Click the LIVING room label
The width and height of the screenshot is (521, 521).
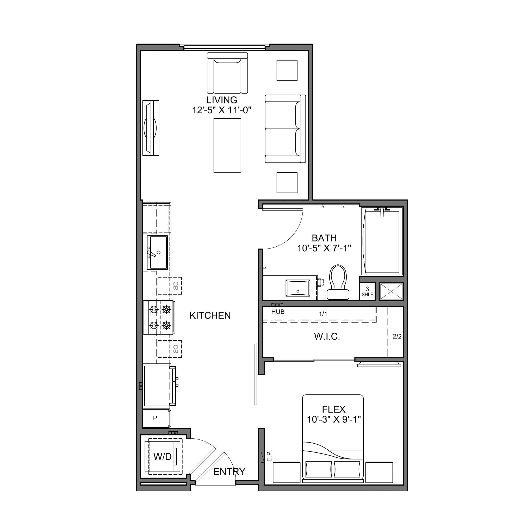pyautogui.click(x=222, y=100)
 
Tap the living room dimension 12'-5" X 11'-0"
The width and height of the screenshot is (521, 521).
pyautogui.click(x=222, y=110)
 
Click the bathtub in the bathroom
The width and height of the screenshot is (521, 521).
pyautogui.click(x=382, y=241)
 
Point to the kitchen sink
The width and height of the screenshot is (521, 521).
pyautogui.click(x=157, y=252)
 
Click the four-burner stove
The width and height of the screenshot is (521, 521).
pyautogui.click(x=159, y=317)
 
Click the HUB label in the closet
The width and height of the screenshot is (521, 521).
pyautogui.click(x=278, y=312)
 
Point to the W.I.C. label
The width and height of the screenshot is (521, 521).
pyautogui.click(x=327, y=337)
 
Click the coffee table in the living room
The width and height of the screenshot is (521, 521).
pyautogui.click(x=227, y=145)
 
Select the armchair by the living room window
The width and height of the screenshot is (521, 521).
pyautogui.click(x=227, y=73)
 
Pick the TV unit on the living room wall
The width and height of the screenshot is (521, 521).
pyautogui.click(x=151, y=128)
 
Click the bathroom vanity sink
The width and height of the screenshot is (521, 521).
pyautogui.click(x=298, y=288)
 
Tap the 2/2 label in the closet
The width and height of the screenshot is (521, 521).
pyautogui.click(x=397, y=337)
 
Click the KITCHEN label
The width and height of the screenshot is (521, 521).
pyautogui.click(x=210, y=315)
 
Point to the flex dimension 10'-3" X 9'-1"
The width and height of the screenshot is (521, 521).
pyautogui.click(x=334, y=419)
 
